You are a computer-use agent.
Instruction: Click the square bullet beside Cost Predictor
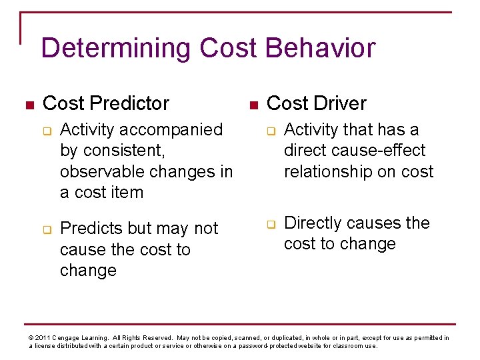click(x=27, y=105)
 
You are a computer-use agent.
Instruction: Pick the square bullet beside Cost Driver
click(x=252, y=105)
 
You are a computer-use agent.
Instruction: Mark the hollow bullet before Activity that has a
click(x=271, y=131)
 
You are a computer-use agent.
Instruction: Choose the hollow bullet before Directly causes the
click(x=271, y=224)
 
